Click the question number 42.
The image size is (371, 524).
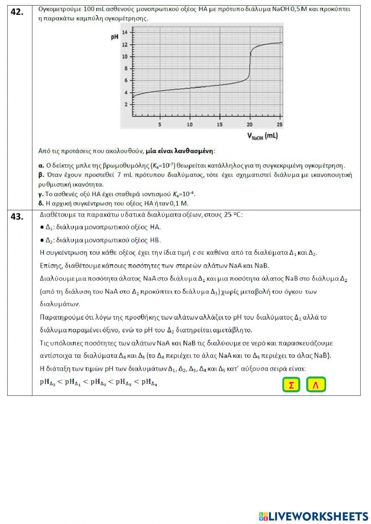pyautogui.click(x=17, y=12)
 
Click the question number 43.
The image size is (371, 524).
pyautogui.click(x=17, y=217)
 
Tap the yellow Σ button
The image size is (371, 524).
pyautogui.click(x=291, y=385)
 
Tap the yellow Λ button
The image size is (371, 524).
pyautogui.click(x=316, y=385)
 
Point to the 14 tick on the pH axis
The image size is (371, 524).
pyautogui.click(x=125, y=33)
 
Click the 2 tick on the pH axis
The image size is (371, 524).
pyautogui.click(x=126, y=105)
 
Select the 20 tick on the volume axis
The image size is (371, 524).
pyautogui.click(x=250, y=125)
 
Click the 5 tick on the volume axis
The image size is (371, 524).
pyautogui.click(x=160, y=125)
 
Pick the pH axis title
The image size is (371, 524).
pyautogui.click(x=115, y=37)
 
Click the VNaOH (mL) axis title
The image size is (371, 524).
pyautogui.click(x=262, y=136)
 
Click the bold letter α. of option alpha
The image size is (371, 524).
pyautogui.click(x=41, y=165)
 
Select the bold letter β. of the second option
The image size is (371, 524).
pyautogui.click(x=41, y=175)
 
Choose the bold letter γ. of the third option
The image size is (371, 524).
pyautogui.click(x=41, y=194)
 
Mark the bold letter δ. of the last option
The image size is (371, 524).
pyautogui.click(x=41, y=203)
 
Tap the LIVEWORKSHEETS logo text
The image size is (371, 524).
pyautogui.click(x=318, y=516)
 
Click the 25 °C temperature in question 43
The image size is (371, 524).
pyautogui.click(x=233, y=215)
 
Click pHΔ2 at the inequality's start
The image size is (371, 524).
pyautogui.click(x=47, y=382)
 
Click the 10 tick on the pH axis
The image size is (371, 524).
pyautogui.click(x=125, y=57)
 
